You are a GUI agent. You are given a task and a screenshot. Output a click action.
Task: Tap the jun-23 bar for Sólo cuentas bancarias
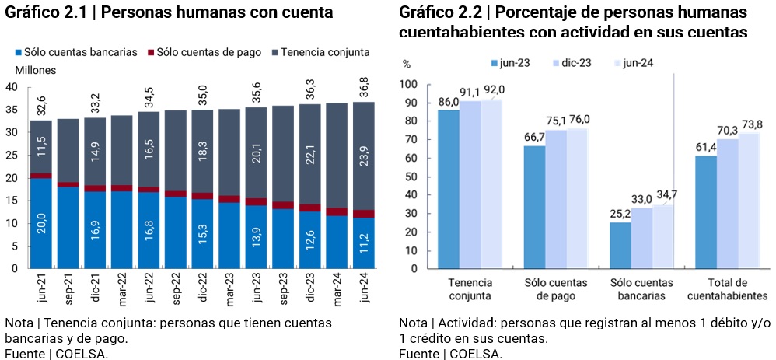620,246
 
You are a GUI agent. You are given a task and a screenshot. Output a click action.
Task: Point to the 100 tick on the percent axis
408,84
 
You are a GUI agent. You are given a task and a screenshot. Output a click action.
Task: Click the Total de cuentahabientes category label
728,288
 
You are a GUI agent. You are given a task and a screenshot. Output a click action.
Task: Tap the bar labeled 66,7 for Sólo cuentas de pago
534,207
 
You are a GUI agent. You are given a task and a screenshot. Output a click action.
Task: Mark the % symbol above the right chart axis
406,64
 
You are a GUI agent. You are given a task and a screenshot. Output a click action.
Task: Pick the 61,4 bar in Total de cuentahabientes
705,212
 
